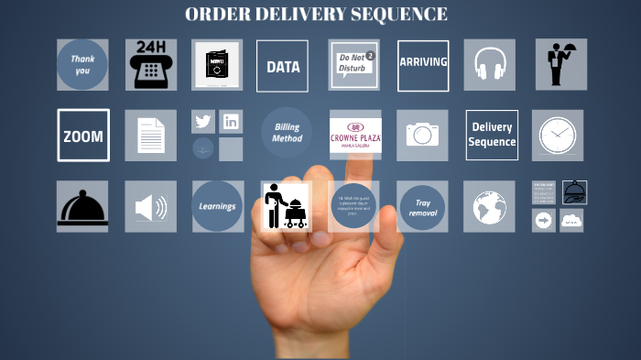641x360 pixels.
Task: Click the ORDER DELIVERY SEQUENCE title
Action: (316, 14)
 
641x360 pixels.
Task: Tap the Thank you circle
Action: (82, 65)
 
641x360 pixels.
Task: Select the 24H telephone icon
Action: (151, 65)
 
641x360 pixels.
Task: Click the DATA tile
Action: (282, 66)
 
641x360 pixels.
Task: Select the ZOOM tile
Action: (83, 136)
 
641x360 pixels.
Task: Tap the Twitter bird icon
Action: (203, 122)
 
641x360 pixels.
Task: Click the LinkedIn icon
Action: (231, 122)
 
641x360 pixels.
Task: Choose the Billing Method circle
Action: (287, 134)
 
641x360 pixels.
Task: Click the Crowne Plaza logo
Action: (355, 136)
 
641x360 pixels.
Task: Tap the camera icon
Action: (422, 136)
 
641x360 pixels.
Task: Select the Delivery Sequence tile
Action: (492, 136)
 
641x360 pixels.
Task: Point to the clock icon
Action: (557, 136)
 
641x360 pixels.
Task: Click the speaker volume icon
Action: (151, 207)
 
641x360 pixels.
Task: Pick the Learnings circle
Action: (218, 206)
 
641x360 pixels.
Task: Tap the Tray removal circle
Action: (422, 207)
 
